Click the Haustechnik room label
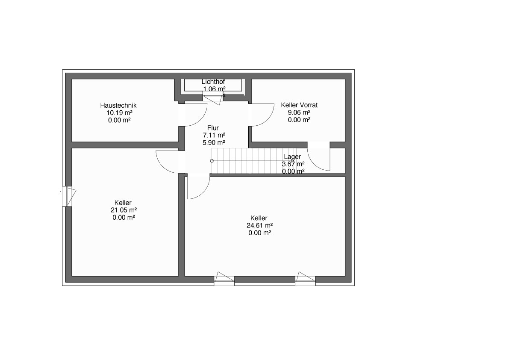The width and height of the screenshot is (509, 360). (x=118, y=105)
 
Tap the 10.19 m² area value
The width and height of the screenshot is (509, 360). (x=120, y=112)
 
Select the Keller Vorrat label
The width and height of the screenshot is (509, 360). (x=299, y=105)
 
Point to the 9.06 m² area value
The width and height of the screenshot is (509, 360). (x=299, y=112)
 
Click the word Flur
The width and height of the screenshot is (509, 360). (x=213, y=128)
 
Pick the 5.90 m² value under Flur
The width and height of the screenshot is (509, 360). (x=214, y=142)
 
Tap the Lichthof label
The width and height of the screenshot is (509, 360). (x=213, y=82)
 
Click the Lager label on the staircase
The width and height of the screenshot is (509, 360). (x=292, y=157)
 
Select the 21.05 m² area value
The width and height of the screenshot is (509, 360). (x=124, y=210)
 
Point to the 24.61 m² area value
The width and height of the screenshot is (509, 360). (x=260, y=225)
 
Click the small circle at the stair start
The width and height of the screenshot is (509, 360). (x=212, y=161)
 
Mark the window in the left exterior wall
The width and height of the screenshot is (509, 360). (x=69, y=196)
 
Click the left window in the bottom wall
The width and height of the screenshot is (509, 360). (x=224, y=279)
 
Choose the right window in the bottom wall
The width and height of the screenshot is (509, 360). (x=305, y=279)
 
